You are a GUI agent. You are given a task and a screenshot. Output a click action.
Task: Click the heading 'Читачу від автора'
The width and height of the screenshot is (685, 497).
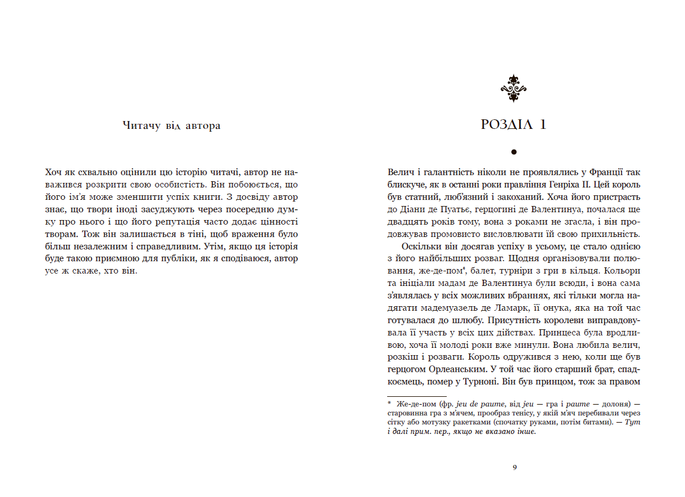point(171,126)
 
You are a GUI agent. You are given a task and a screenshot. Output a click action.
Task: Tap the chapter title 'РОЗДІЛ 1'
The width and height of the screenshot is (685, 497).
point(514,125)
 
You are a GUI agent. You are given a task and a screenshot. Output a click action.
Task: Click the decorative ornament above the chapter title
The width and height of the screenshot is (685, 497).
point(513,88)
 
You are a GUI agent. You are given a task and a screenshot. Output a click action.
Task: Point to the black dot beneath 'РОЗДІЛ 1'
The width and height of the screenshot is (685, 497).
point(514,151)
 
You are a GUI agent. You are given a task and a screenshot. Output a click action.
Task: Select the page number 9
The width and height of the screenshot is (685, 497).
point(514,467)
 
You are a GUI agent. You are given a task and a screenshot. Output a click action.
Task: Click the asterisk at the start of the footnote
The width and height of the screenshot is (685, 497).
point(389,402)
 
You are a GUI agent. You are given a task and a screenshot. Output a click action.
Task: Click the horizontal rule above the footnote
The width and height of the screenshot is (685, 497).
point(409,397)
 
